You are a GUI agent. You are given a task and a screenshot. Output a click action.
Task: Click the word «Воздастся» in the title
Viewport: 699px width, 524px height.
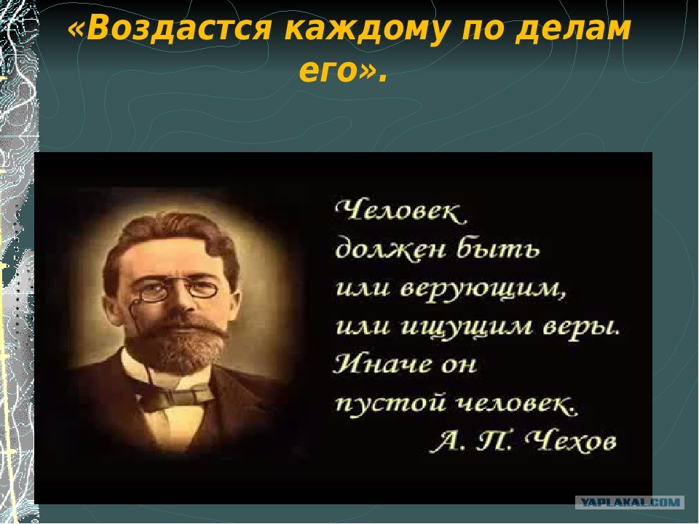tap(179, 28)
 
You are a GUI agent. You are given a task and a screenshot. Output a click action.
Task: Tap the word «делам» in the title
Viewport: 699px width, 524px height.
tap(573, 29)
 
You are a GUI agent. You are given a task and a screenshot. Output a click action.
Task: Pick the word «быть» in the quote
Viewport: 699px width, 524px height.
tap(498, 248)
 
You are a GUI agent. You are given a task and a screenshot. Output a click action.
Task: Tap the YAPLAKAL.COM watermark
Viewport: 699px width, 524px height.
tap(630, 502)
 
